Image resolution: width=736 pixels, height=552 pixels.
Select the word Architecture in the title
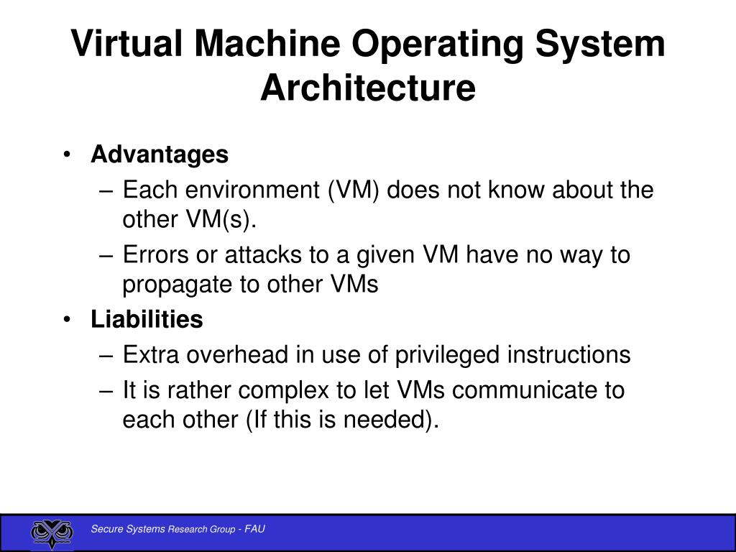pyautogui.click(x=367, y=88)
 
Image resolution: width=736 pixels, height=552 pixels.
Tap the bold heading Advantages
pyautogui.click(x=160, y=155)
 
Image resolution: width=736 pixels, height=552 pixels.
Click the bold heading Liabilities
pyautogui.click(x=147, y=320)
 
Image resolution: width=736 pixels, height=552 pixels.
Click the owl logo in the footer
pyautogui.click(x=52, y=533)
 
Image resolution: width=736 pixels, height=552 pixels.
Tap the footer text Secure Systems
pyautogui.click(x=129, y=530)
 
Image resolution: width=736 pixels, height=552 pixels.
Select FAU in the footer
pyautogui.click(x=254, y=530)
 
